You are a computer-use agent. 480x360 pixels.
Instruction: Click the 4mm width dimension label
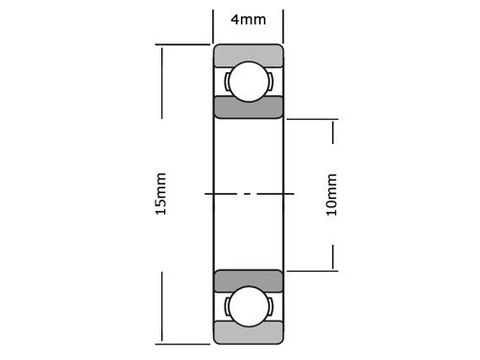248,19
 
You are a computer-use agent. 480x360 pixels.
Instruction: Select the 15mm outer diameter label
160,193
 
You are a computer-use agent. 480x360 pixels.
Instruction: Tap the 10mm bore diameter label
332,193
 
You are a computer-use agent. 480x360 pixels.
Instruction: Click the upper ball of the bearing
247,82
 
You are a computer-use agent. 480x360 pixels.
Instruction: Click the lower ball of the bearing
247,305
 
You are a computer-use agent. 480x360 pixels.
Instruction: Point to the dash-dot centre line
248,194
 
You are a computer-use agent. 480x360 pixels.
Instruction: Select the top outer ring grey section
248,54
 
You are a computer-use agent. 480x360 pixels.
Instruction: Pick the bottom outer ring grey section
248,333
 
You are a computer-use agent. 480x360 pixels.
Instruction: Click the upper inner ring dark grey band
248,108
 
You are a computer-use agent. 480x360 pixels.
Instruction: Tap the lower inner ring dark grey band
248,280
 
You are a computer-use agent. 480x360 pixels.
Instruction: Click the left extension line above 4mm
213,23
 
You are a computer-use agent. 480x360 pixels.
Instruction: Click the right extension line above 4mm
283,23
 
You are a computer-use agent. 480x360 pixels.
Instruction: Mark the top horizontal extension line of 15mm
182,44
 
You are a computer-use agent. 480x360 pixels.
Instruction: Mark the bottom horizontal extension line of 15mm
182,343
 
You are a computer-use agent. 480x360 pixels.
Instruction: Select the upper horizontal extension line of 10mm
312,118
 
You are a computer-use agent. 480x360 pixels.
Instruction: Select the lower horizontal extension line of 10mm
312,270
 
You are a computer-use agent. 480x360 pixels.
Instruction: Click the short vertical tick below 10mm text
333,256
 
